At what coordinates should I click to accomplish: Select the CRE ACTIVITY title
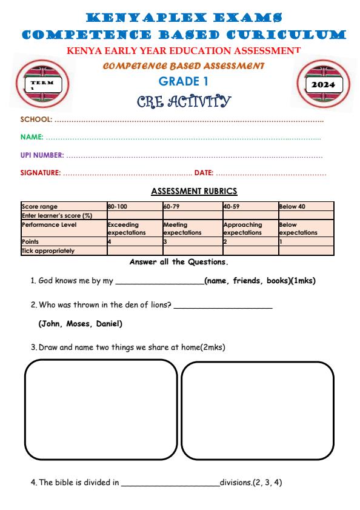click(x=179, y=99)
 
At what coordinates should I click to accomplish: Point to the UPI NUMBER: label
click(x=42, y=156)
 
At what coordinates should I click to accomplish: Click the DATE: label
click(x=204, y=173)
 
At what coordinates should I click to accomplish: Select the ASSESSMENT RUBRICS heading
click(x=181, y=191)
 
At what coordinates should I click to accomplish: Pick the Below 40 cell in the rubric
click(x=292, y=206)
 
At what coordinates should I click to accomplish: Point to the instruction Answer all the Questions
click(x=179, y=262)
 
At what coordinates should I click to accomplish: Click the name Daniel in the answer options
click(x=109, y=324)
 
